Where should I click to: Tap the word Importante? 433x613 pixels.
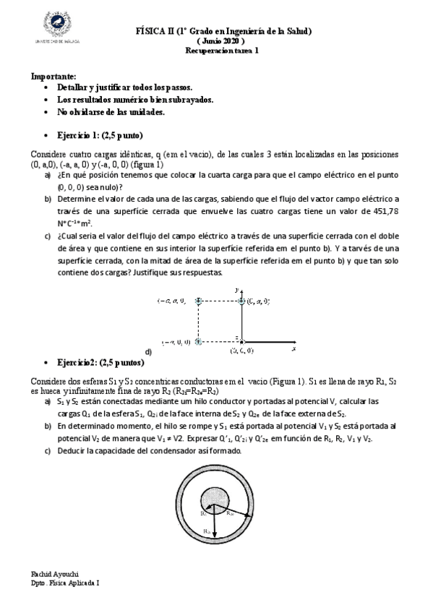(x=53, y=76)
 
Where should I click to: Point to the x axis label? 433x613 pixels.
(x=294, y=348)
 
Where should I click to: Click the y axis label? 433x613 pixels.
(x=237, y=288)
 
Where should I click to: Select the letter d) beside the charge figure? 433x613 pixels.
(x=148, y=351)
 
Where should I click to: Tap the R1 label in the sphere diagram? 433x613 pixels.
(x=205, y=514)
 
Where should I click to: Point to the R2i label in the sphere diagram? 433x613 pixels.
(x=228, y=513)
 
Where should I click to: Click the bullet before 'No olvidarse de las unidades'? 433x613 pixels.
(x=47, y=113)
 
